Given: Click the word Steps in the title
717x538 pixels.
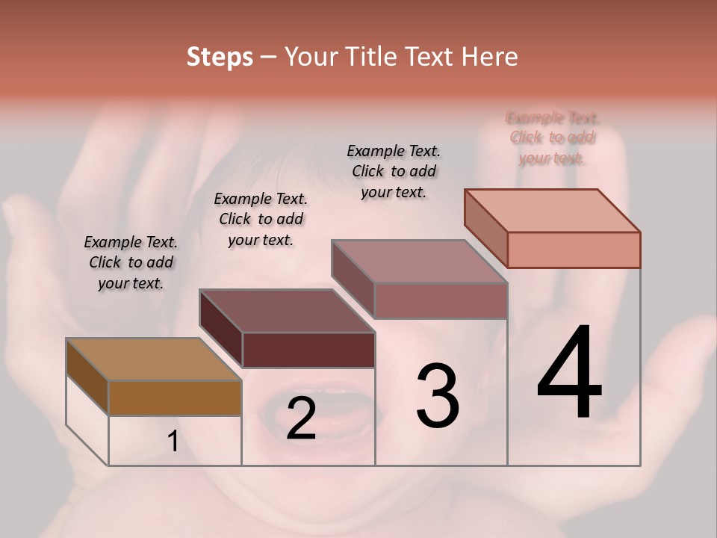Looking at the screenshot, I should [x=220, y=57].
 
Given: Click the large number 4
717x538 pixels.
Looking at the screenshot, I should [x=569, y=373].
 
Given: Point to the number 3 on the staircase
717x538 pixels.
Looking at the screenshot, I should [x=438, y=397].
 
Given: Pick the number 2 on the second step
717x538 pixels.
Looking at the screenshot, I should [x=301, y=419].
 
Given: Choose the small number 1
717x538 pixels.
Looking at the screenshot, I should [x=173, y=442].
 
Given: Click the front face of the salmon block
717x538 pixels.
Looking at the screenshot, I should [x=574, y=250].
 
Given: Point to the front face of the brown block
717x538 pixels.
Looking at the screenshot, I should [x=175, y=398].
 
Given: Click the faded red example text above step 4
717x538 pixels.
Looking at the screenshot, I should [x=552, y=138].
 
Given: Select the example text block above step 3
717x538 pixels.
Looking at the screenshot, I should [x=394, y=171].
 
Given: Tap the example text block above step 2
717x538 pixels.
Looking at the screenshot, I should [x=261, y=219].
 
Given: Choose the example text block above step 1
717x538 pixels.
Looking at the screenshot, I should [x=131, y=262].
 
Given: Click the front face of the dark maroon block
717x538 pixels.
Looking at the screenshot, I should [x=308, y=350].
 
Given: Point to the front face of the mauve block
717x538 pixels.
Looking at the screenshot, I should [x=441, y=300].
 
